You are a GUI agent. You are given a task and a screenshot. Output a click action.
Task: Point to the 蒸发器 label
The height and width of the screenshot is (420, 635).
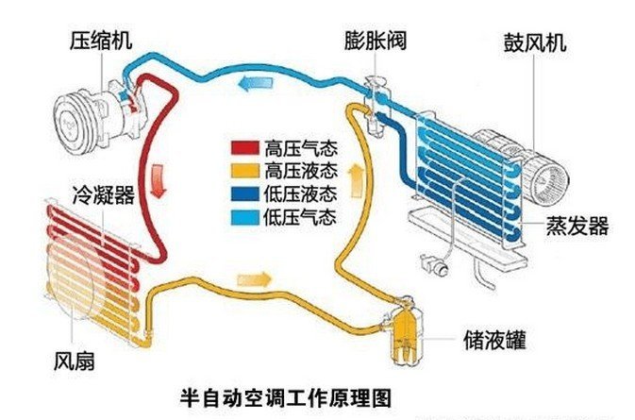tap(577, 227)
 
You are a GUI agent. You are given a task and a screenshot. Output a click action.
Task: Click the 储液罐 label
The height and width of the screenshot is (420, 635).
tap(488, 336)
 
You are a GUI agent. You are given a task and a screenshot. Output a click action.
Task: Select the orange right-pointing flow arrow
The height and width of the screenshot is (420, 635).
tap(254, 280)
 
